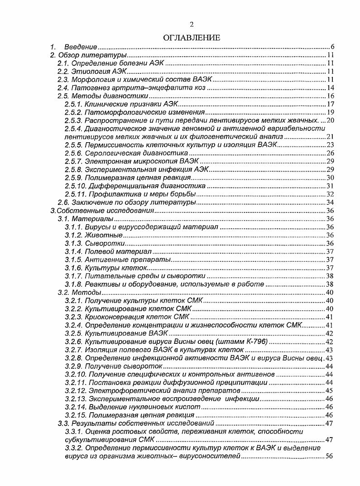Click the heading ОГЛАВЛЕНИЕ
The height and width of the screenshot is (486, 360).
pyautogui.click(x=192, y=38)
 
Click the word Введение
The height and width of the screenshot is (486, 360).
pyautogui.click(x=81, y=47)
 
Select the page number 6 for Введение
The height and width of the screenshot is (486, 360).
pyautogui.click(x=332, y=47)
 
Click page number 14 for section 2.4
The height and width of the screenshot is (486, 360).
pyautogui.click(x=330, y=88)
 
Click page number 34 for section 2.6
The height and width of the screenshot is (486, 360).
pyautogui.click(x=330, y=202)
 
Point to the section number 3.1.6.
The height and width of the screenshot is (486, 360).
pyautogui.click(x=73, y=268)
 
